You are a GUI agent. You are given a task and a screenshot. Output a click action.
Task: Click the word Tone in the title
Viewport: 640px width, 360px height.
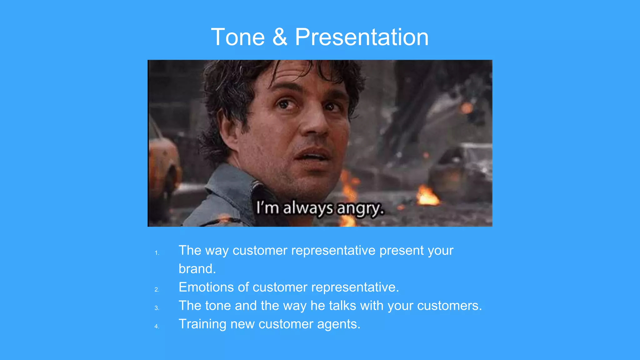(x=238, y=37)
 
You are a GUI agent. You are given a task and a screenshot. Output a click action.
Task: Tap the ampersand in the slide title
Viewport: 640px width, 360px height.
(x=280, y=37)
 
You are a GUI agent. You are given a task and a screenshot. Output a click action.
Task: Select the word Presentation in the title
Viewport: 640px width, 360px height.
(x=362, y=37)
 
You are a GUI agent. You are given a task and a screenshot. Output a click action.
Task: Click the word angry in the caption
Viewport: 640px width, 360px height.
(x=360, y=208)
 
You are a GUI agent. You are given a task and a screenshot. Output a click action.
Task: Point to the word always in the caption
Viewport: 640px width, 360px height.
(x=308, y=208)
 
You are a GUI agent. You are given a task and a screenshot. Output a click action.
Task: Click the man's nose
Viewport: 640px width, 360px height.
(x=314, y=123)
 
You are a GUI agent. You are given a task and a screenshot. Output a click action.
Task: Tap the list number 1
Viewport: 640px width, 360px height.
(x=157, y=253)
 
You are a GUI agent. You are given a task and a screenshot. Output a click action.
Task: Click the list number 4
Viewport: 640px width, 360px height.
(x=157, y=327)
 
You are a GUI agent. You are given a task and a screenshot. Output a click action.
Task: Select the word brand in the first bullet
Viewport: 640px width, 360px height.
(x=197, y=269)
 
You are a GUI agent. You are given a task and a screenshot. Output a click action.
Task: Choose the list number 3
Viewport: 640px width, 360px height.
(x=157, y=308)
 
